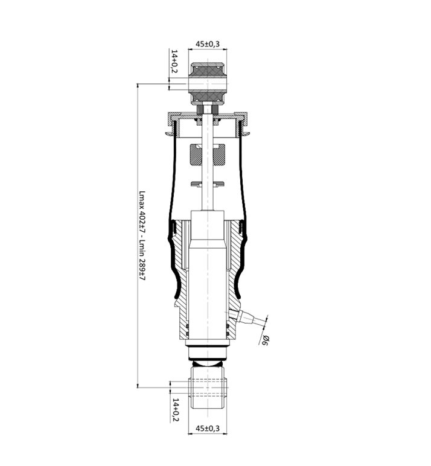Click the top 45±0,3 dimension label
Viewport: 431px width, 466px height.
point(208,43)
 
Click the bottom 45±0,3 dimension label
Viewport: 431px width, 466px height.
point(208,428)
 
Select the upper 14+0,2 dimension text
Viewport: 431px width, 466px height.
point(174,61)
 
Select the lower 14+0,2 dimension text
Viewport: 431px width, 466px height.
point(176,410)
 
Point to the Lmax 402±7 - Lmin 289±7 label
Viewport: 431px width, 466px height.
point(142,236)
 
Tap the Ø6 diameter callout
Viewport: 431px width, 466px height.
point(264,340)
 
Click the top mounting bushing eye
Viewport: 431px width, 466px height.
point(208,83)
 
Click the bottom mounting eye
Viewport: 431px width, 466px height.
point(208,388)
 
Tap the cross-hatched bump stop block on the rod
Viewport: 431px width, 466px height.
point(207,155)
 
